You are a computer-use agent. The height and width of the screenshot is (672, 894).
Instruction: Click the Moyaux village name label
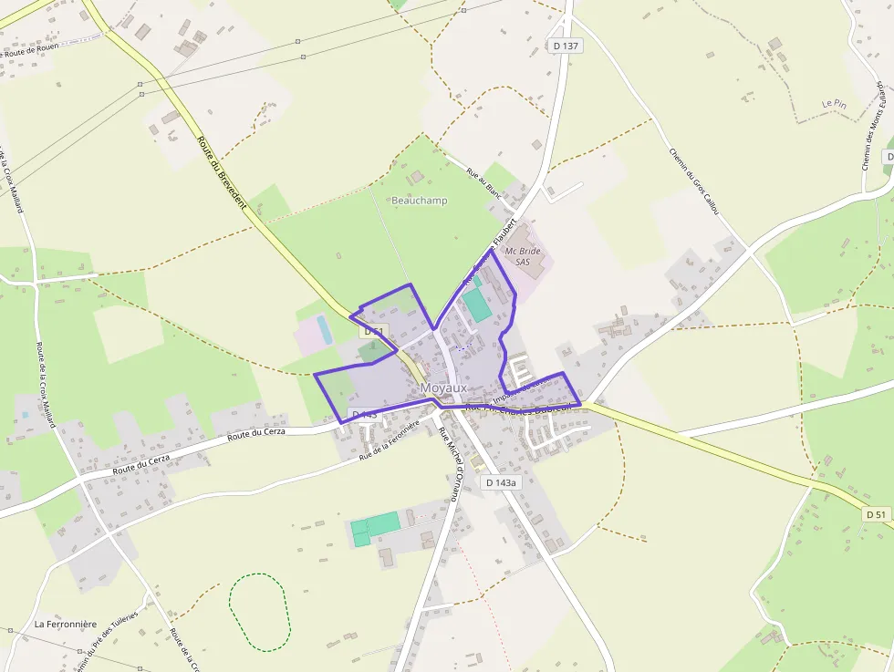443,388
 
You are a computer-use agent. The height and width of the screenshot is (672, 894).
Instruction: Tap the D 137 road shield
566,46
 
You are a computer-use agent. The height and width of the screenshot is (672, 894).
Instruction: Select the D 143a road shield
501,482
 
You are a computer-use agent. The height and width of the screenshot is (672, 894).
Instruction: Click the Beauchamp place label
420,201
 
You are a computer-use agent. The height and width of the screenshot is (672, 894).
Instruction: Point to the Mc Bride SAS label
523,256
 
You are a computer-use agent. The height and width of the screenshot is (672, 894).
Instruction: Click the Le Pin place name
834,105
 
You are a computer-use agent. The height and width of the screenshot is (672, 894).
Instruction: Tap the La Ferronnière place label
66,625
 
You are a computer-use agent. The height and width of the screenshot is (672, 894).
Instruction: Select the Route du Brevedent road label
222,172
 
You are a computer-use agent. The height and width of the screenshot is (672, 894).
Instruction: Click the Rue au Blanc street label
483,182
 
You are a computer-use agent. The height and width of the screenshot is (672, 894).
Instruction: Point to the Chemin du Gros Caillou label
694,181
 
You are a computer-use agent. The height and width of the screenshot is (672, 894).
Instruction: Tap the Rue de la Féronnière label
389,439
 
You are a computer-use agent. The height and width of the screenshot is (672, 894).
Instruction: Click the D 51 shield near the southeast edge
876,514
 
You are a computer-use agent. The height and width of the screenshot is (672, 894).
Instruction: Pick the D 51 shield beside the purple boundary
373,332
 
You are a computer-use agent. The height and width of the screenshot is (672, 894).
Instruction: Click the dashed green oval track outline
259,612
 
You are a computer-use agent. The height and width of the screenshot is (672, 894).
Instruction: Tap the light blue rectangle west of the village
324,329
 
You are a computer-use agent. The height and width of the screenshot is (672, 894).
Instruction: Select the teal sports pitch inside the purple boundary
476,305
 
